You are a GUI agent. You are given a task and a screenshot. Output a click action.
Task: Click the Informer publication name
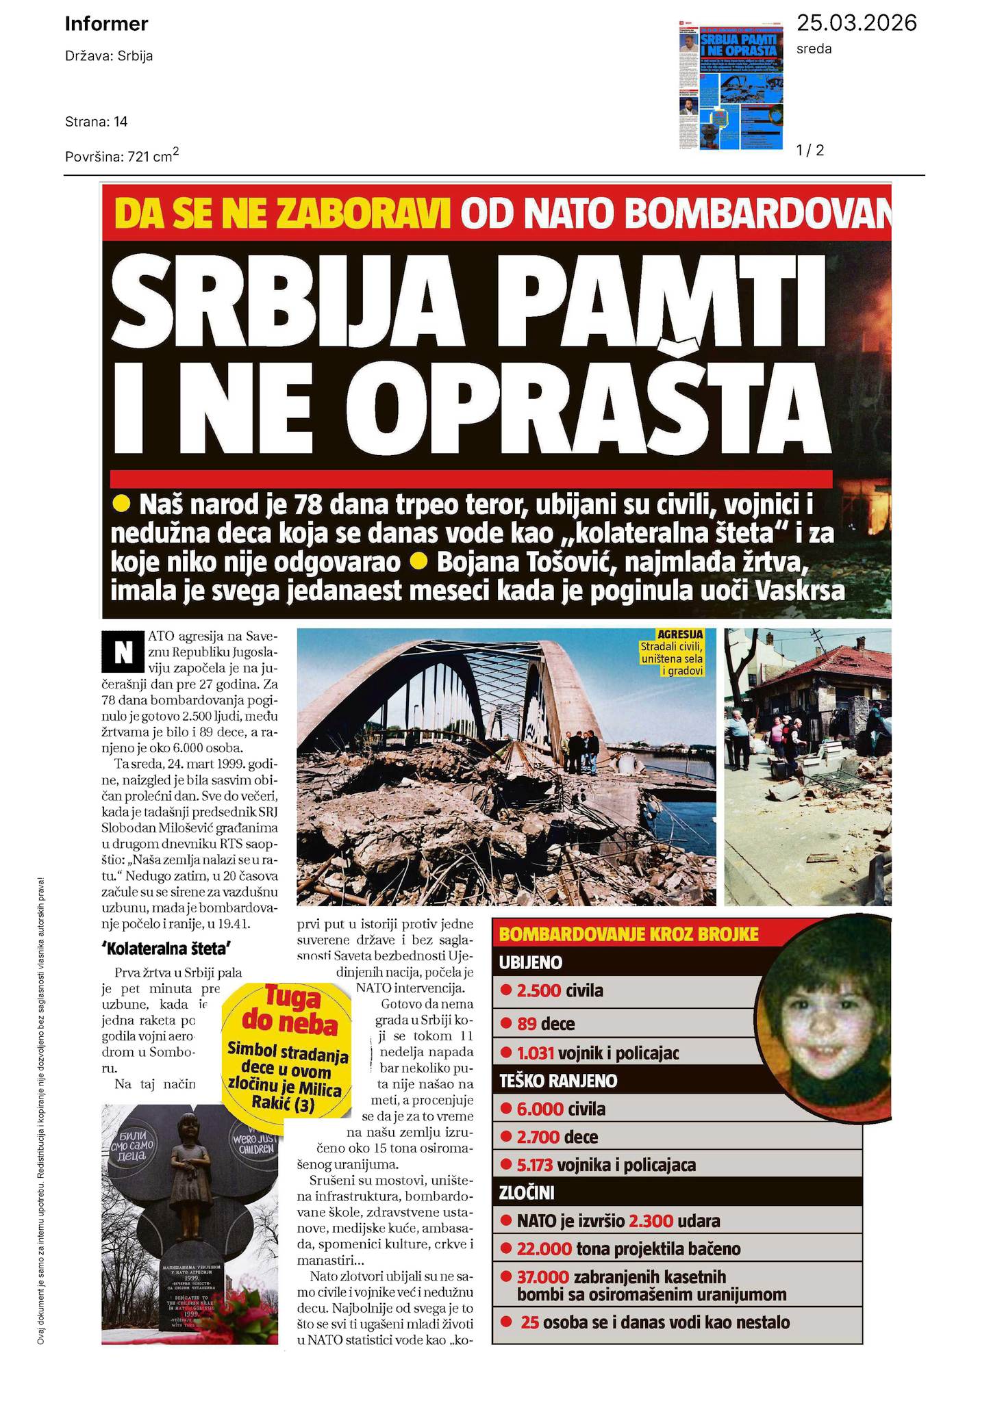click(x=106, y=25)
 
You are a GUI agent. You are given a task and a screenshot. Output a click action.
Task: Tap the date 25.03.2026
click(x=856, y=23)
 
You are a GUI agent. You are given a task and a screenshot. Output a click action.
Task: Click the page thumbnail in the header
click(x=731, y=82)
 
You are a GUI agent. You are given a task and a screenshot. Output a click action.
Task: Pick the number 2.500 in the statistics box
click(x=539, y=990)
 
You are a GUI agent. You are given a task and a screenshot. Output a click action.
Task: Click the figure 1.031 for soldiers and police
click(x=536, y=1053)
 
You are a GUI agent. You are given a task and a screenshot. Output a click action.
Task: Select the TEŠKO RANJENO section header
click(x=558, y=1081)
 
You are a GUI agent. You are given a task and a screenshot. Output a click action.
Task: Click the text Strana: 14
click(x=97, y=122)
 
